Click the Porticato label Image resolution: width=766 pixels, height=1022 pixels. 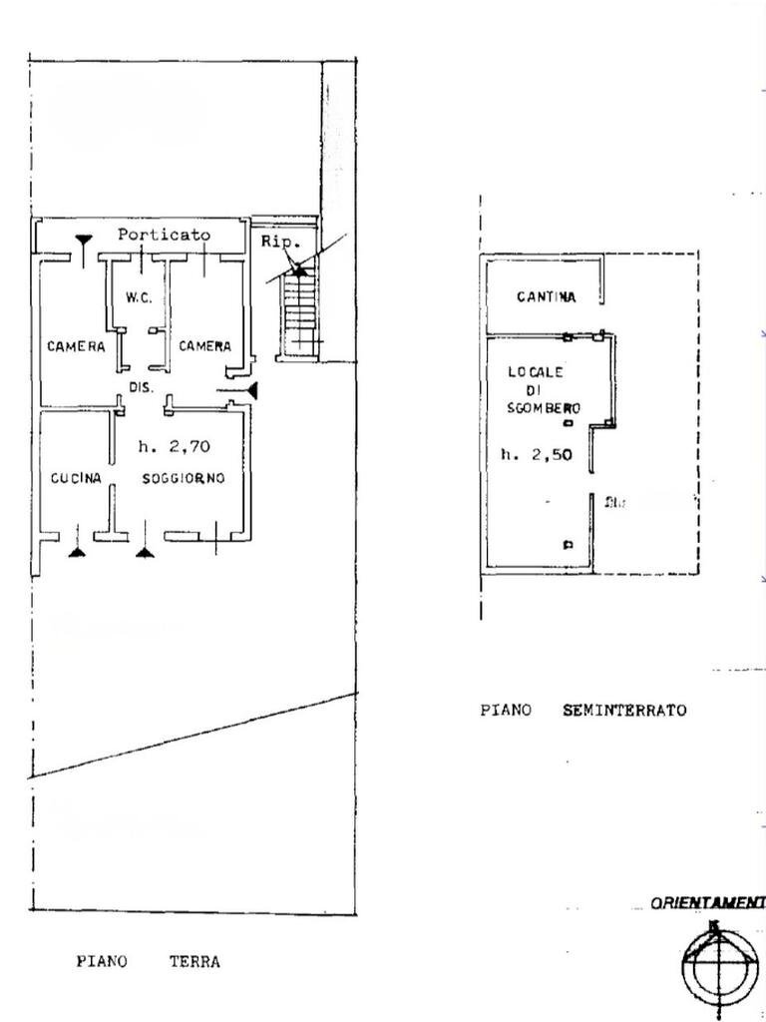pyautogui.click(x=164, y=236)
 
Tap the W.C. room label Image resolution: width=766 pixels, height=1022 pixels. pyautogui.click(x=138, y=297)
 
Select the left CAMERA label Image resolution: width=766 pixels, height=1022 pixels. pyautogui.click(x=76, y=347)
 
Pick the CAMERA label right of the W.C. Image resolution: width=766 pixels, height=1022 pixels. pyautogui.click(x=204, y=346)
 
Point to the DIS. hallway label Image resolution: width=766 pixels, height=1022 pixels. pyautogui.click(x=141, y=387)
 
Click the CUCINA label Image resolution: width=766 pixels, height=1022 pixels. pyautogui.click(x=76, y=479)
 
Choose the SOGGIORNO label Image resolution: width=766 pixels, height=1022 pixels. pyautogui.click(x=183, y=479)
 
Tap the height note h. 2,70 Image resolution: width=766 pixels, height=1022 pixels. pyautogui.click(x=174, y=446)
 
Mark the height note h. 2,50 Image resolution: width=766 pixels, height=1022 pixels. pyautogui.click(x=536, y=454)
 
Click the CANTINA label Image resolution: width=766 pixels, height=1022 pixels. pyautogui.click(x=547, y=296)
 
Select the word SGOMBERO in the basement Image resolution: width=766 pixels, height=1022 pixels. pyautogui.click(x=544, y=407)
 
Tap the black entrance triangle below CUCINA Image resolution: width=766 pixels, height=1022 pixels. pyautogui.click(x=77, y=549)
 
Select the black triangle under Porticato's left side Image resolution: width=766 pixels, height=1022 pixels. pyautogui.click(x=85, y=240)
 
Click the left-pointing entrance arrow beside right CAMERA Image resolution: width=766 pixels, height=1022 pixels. pyautogui.click(x=251, y=389)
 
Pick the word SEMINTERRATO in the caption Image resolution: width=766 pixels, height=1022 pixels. pyautogui.click(x=624, y=711)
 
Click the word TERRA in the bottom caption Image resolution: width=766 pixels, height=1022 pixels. pyautogui.click(x=194, y=962)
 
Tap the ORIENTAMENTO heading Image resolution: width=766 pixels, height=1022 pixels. pyautogui.click(x=707, y=903)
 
